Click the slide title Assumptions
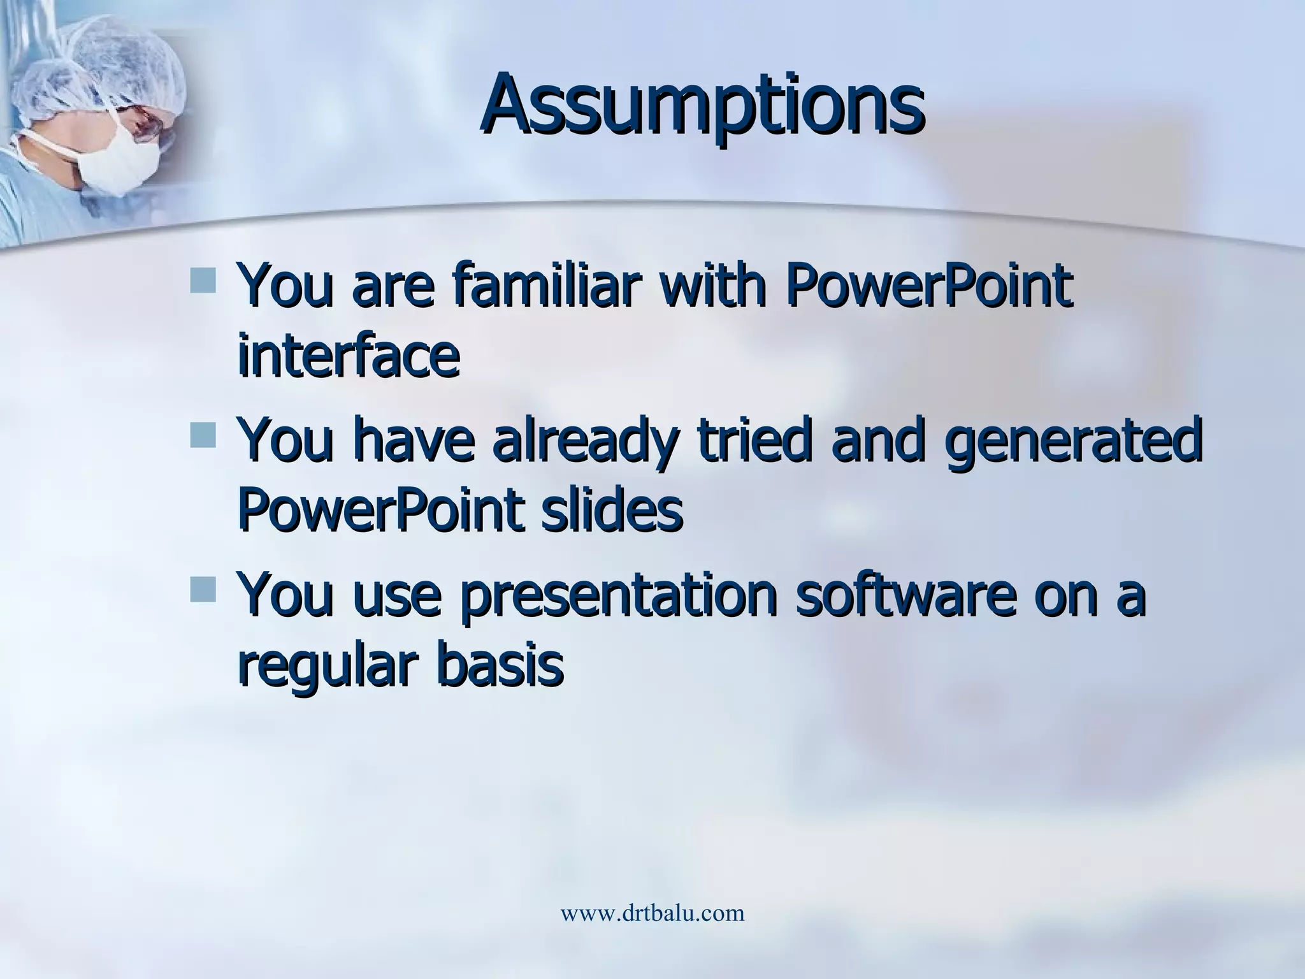click(x=702, y=105)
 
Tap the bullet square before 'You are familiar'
click(x=204, y=280)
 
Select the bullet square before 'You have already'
click(x=204, y=434)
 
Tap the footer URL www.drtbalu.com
click(x=652, y=913)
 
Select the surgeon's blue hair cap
click(x=102, y=64)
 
